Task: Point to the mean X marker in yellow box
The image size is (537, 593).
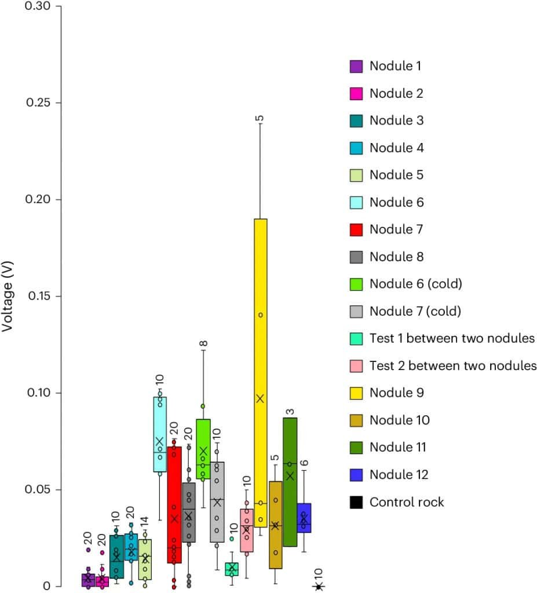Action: tap(260, 398)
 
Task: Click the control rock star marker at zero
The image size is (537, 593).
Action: tap(318, 586)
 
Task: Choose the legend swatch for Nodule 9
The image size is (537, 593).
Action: tap(356, 393)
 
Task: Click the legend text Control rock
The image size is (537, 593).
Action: tap(407, 502)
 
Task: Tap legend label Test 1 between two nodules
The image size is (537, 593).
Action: tap(452, 339)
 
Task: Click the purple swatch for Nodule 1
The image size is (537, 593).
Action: tap(356, 66)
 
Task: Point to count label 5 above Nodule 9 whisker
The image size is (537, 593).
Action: tap(260, 118)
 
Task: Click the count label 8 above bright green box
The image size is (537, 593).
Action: tap(203, 344)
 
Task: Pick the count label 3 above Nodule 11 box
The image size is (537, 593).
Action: tap(290, 412)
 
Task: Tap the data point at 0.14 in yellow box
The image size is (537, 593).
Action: tap(261, 315)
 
